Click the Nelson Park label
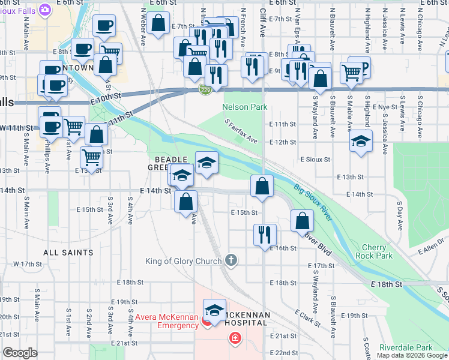244,107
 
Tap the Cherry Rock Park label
377,251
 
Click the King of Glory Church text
184,260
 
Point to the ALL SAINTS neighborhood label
68,253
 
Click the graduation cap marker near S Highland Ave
361,142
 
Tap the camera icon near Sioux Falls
44,10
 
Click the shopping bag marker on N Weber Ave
158,24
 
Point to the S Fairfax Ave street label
241,131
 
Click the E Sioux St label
315,160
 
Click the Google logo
20,353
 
